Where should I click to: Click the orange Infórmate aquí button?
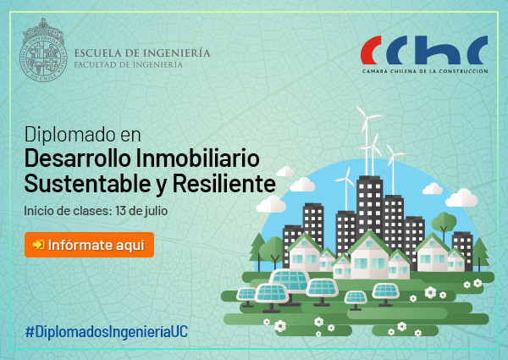point(89,245)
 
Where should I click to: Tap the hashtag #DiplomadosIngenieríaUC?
point(107,332)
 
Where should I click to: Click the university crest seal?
point(43,50)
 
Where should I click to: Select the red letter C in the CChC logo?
point(371,50)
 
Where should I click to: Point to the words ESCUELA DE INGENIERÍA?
point(142,53)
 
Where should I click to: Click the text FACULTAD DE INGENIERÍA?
point(129,65)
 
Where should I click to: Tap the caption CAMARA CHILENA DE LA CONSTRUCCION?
point(425,71)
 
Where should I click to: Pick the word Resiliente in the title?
point(224,184)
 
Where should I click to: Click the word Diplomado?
point(70,135)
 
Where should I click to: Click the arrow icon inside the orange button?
point(39,245)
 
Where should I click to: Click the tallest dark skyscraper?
point(370,208)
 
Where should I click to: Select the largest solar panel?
point(290,280)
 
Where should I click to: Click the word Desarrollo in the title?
point(78,158)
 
